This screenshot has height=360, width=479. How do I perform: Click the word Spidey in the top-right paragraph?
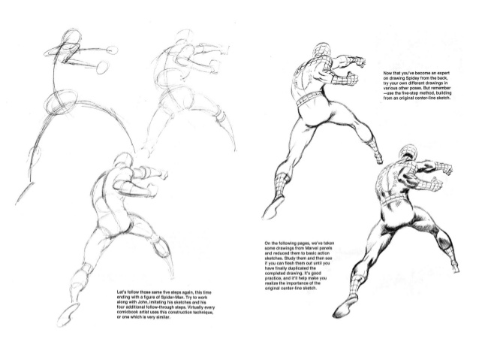tap(411, 80)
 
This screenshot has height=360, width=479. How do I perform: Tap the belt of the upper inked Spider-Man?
tap(309, 100)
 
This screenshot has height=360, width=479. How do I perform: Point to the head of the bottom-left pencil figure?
tap(119, 162)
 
